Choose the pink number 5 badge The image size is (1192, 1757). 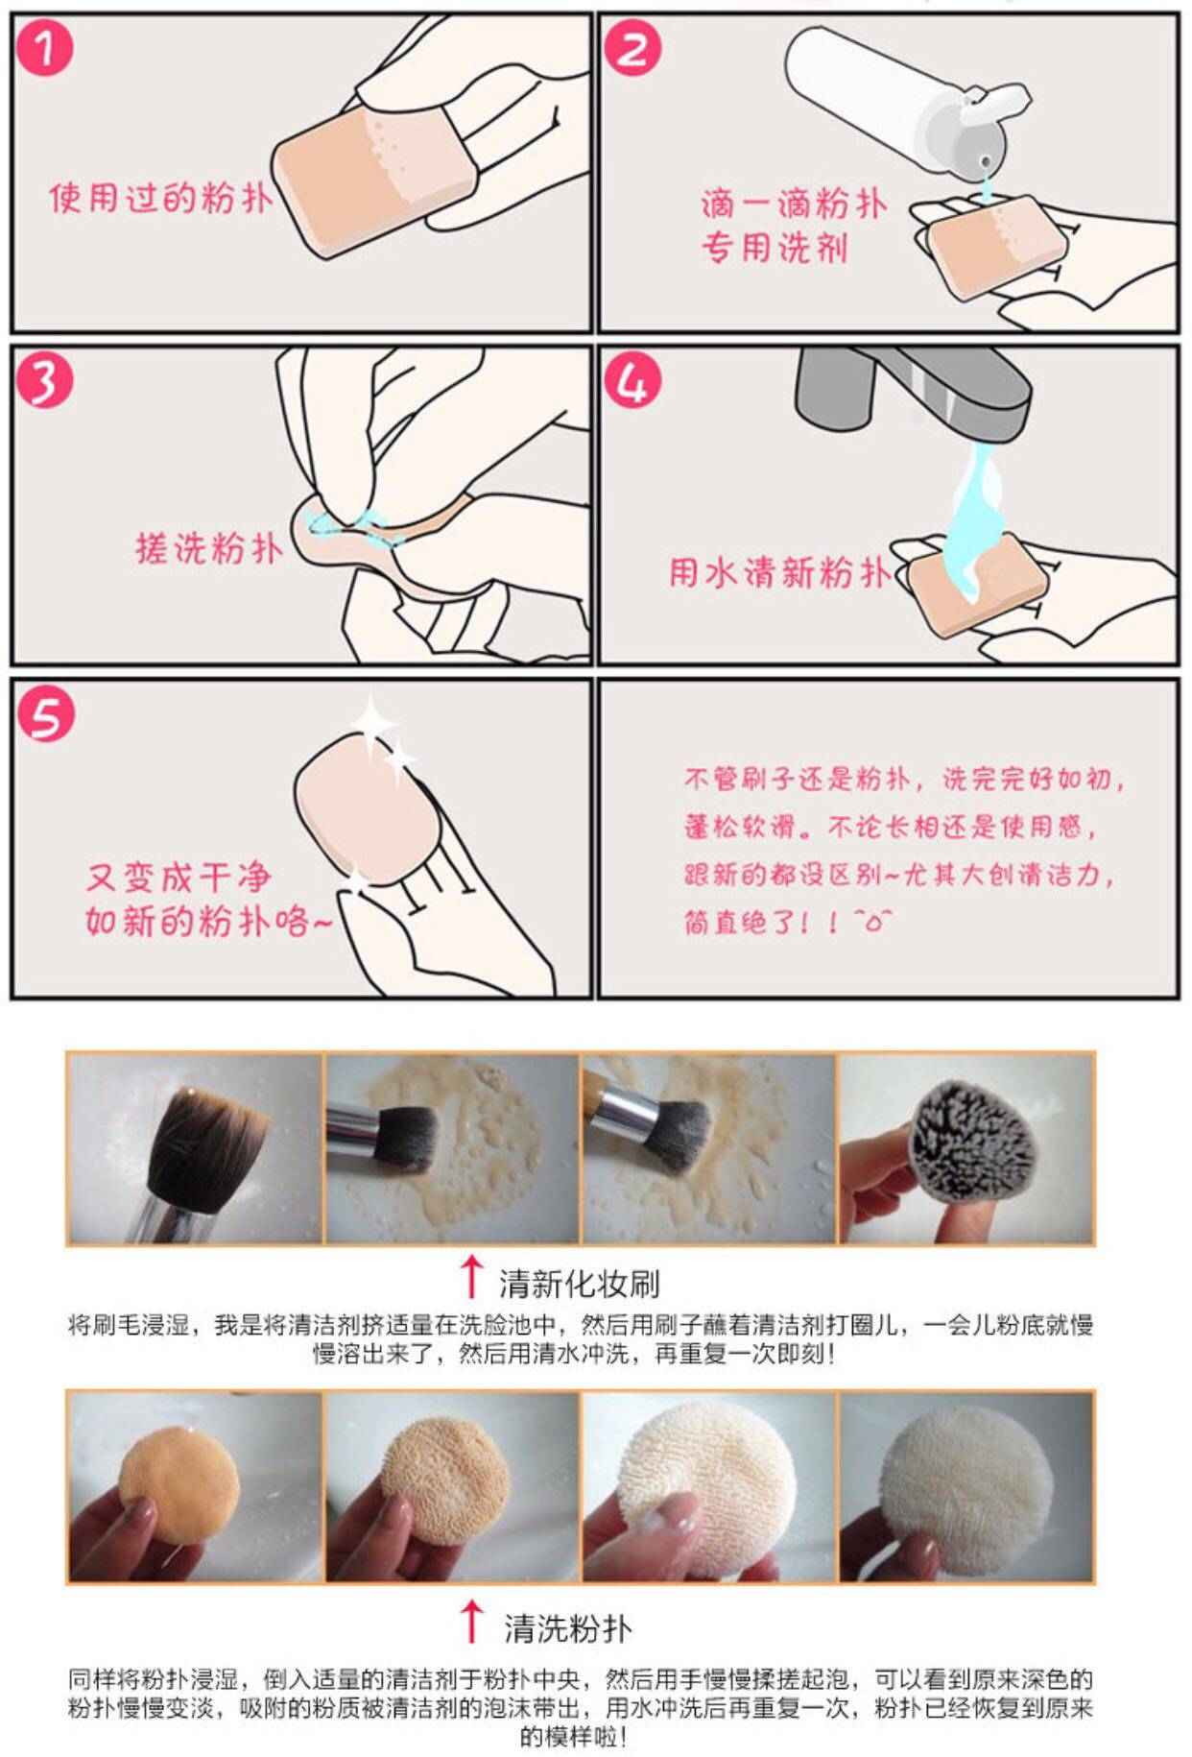[x=45, y=714]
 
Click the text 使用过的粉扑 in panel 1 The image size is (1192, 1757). [x=161, y=198]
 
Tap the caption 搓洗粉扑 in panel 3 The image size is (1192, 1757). [x=210, y=548]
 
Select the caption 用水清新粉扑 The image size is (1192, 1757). [x=780, y=572]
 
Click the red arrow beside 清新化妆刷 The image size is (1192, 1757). [x=470, y=1277]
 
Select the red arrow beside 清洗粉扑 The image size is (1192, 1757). [x=470, y=1622]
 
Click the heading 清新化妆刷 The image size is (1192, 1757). [x=579, y=1284]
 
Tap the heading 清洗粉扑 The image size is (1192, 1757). [x=568, y=1628]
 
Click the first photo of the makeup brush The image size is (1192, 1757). [x=196, y=1148]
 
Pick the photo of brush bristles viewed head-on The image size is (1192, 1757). [x=966, y=1148]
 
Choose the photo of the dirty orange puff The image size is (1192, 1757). [x=196, y=1486]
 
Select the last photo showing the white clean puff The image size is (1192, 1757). [x=966, y=1486]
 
